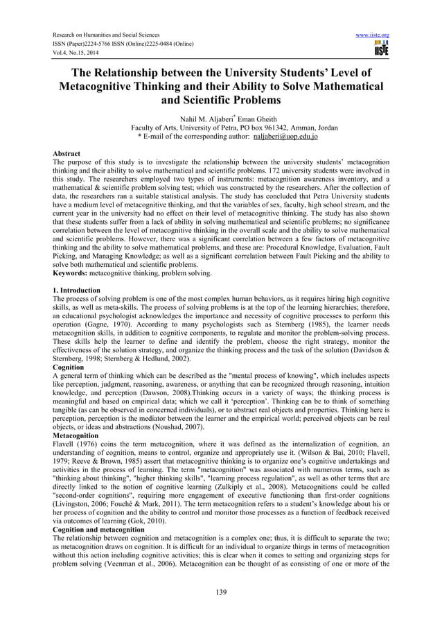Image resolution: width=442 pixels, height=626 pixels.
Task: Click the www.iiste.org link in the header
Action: click(x=373, y=35)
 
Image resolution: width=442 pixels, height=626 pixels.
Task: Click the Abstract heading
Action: click(x=67, y=153)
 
